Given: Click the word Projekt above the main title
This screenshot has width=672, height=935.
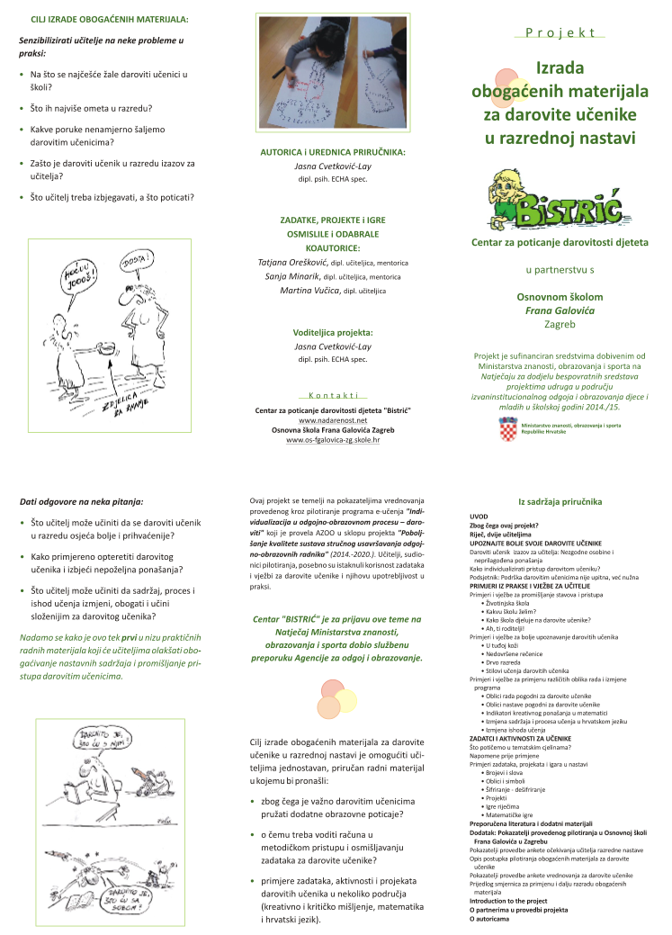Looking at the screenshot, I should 560,31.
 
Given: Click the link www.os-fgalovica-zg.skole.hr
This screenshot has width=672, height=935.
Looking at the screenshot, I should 333,440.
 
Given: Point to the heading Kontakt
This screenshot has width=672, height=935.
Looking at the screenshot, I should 333,395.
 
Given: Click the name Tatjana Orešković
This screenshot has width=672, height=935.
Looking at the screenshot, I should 292,262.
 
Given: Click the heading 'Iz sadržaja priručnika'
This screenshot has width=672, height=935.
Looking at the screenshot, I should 560,500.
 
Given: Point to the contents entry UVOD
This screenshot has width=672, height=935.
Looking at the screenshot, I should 479,517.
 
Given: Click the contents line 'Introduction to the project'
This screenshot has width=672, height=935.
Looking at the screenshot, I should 508,901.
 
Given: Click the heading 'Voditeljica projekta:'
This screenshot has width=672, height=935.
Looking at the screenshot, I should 333,332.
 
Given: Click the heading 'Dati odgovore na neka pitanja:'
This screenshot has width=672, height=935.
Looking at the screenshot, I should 81,500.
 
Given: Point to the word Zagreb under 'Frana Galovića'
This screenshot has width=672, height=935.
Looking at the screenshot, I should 560,324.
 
